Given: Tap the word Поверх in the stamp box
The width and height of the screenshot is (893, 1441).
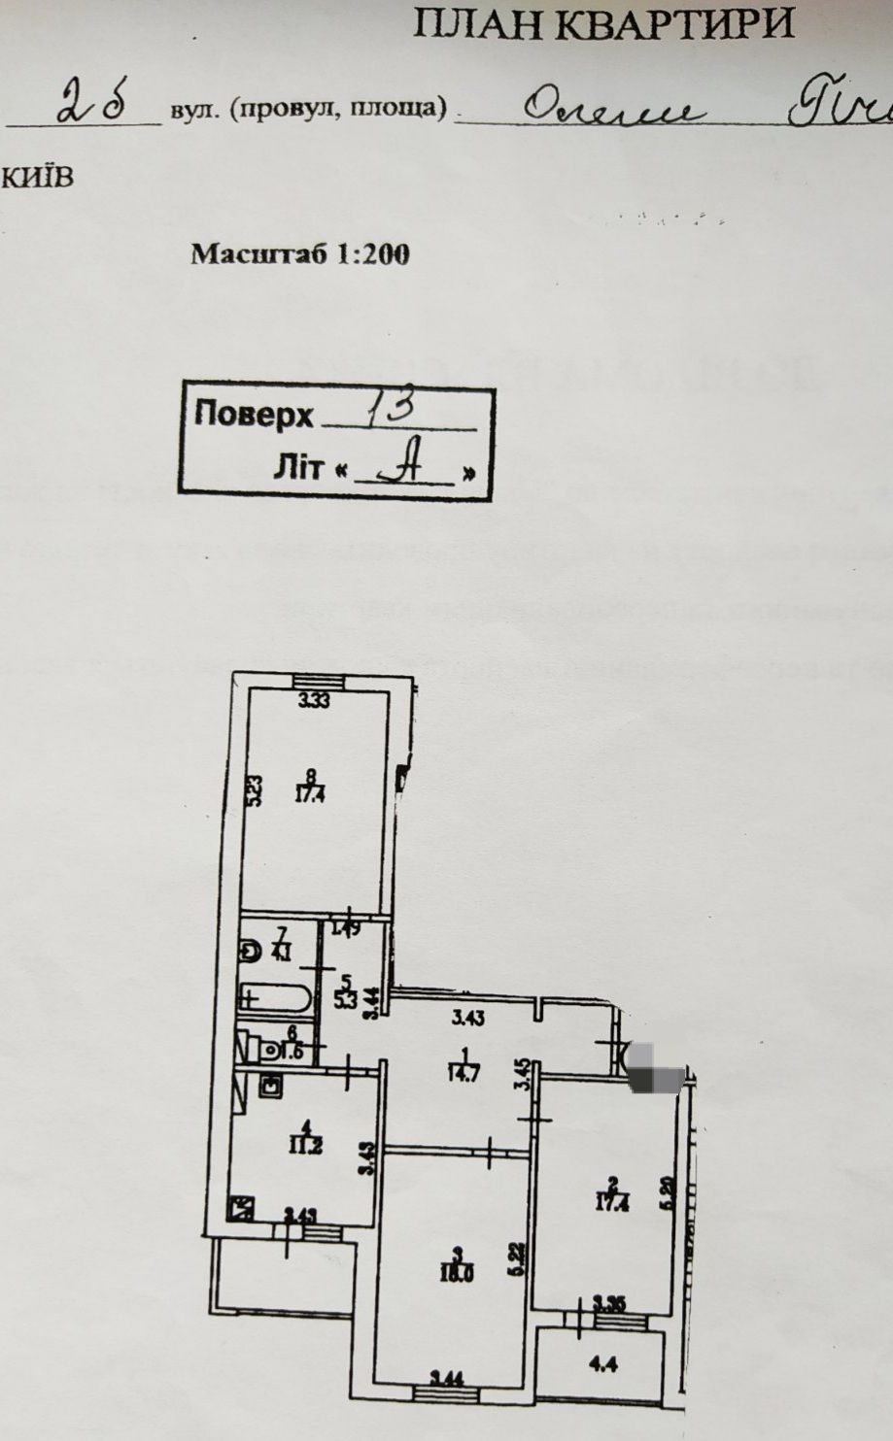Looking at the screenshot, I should [x=254, y=415].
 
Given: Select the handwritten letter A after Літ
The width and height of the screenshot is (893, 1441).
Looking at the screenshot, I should [x=403, y=470].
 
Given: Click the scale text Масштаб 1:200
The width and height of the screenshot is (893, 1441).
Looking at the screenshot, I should [x=299, y=254].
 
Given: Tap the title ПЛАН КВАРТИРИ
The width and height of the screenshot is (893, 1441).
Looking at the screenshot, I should [x=604, y=24].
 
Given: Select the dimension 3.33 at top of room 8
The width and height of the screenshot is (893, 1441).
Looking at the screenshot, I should [x=314, y=701].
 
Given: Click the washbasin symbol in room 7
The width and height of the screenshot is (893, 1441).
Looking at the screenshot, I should [x=251, y=953].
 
